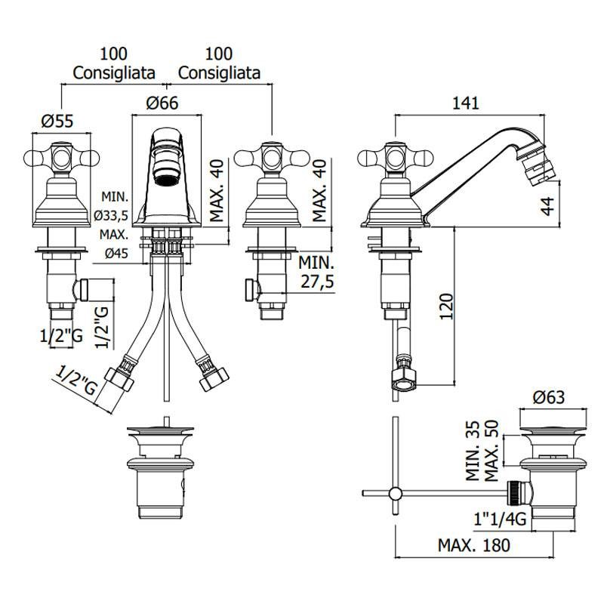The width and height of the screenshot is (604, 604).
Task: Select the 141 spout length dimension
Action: (x=465, y=104)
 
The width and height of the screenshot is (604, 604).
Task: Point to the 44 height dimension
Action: (x=549, y=204)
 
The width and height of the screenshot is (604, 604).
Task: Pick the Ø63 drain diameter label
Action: (x=549, y=398)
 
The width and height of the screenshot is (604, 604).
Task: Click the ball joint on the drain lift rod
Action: (x=395, y=494)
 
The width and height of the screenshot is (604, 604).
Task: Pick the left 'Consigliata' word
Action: (x=115, y=72)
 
